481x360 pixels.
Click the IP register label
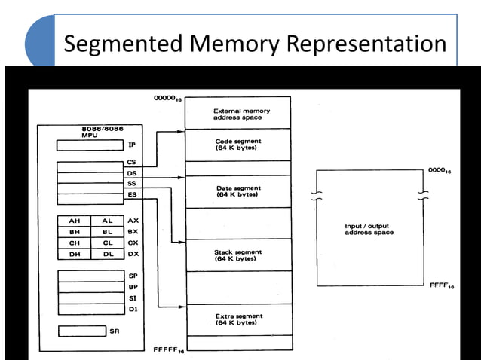click(x=131, y=145)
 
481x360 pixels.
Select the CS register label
click(x=132, y=162)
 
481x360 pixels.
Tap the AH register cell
click(x=75, y=221)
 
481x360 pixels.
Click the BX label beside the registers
click(x=133, y=232)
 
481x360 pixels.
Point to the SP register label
click(x=133, y=276)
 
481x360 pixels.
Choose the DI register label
click(x=133, y=309)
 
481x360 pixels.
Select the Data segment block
click(x=237, y=191)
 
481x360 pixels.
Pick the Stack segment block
click(x=237, y=255)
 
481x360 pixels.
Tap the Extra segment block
click(x=237, y=319)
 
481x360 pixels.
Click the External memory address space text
click(x=237, y=114)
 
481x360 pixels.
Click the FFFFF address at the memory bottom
click(x=168, y=350)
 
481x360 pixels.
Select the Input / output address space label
click(x=369, y=229)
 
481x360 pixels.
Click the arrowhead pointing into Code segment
click(x=180, y=132)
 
